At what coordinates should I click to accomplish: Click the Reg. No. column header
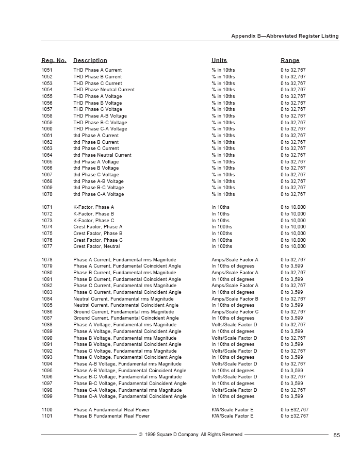click(x=54, y=61)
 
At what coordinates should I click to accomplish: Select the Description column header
click(x=90, y=61)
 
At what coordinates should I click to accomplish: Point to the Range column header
click(x=290, y=61)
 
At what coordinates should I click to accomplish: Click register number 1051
click(x=47, y=70)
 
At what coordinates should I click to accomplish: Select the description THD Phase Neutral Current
click(x=104, y=90)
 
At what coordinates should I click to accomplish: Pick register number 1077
click(x=47, y=246)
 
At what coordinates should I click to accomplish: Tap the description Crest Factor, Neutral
click(x=96, y=246)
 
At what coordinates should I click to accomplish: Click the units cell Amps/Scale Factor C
click(x=235, y=312)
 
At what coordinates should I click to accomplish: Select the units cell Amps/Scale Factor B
click(x=235, y=299)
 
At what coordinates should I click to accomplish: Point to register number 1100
click(x=47, y=410)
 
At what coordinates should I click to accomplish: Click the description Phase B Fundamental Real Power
click(x=111, y=416)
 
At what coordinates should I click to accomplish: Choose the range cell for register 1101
click(x=294, y=416)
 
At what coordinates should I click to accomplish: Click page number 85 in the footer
click(x=337, y=435)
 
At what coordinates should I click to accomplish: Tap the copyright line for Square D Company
click(x=190, y=435)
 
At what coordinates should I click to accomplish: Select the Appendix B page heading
click(x=285, y=36)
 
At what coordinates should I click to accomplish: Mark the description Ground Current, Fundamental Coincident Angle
click(x=126, y=319)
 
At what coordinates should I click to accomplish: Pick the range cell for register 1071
click(x=293, y=207)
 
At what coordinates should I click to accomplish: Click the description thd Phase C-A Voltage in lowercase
click(x=99, y=194)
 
